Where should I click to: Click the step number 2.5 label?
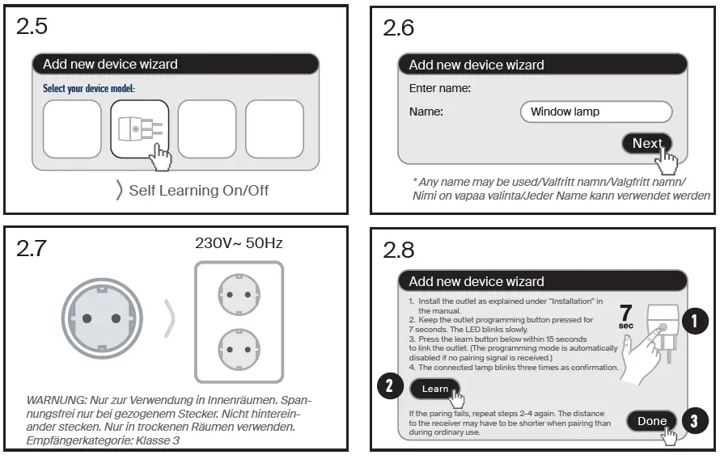tap(32, 27)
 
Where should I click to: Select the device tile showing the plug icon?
tap(139, 128)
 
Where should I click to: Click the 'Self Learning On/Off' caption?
tap(198, 191)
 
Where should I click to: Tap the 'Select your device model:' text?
tap(89, 88)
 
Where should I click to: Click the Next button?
tap(646, 143)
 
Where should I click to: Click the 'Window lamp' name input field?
tap(596, 112)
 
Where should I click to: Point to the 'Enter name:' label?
tap(440, 88)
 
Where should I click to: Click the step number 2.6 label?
tap(399, 28)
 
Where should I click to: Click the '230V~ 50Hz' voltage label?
tap(239, 242)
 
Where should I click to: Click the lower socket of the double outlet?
tap(239, 350)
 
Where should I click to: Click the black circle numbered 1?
tap(693, 322)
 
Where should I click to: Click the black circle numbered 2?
tap(388, 386)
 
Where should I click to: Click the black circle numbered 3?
tap(693, 420)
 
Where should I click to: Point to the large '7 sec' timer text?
tap(625, 318)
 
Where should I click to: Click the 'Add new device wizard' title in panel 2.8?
tap(476, 281)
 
